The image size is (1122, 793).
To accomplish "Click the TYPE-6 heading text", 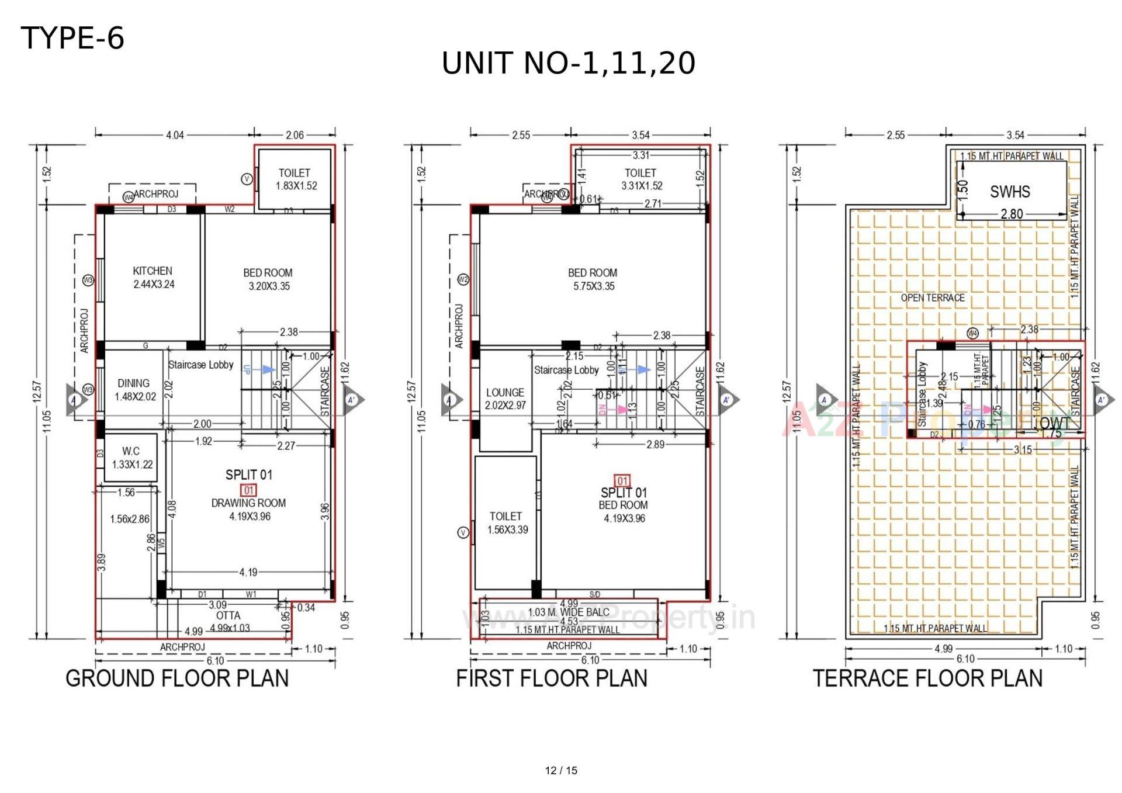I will coord(72,39).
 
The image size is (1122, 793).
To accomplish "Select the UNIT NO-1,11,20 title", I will coord(568,63).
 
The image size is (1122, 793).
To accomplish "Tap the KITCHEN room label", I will coord(153,271).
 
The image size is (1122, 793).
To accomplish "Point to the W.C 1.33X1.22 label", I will coord(131,458).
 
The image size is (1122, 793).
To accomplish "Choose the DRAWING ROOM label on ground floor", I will coord(248,503).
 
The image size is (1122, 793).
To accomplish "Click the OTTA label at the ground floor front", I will coord(228,615).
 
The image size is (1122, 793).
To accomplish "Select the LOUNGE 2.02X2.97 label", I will coord(505,399).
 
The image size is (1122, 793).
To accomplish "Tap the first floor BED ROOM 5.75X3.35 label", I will coord(593,279).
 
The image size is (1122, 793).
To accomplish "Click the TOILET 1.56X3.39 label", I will coord(506,523).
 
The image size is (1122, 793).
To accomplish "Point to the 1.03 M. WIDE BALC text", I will coord(568,612).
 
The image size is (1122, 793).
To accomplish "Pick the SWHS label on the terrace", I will coord(1010,192).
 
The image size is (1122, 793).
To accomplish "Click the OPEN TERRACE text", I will coord(932,298).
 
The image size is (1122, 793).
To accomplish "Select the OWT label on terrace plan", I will coord(1055,423).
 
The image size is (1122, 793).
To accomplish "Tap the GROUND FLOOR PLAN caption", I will coord(177,678).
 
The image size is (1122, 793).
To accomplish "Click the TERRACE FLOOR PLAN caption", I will coord(927,678).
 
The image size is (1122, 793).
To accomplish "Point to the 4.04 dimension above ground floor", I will coord(175,135).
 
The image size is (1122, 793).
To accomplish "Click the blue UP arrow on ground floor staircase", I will coord(268,369).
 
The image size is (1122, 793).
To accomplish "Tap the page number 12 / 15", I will coord(561,770).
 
